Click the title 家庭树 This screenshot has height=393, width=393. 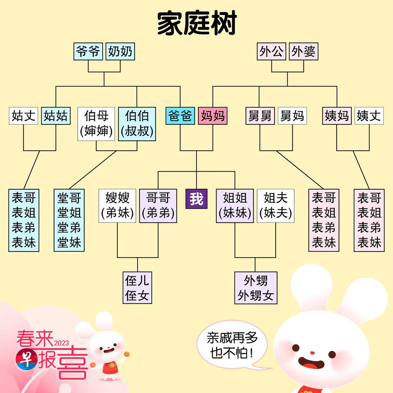pos(196,24)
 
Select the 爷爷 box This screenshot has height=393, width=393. pos(88,51)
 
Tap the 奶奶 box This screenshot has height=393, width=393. pos(120,51)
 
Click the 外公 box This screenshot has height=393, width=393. pos(271,51)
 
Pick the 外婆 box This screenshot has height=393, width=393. pos(304,51)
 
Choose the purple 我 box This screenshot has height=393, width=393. pos(196,199)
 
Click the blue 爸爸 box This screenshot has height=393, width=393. pos(180,116)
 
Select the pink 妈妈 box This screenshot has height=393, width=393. pos(213,116)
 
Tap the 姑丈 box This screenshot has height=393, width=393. pos(24,116)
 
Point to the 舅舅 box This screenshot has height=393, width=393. pos(260,116)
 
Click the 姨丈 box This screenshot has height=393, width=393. pos(369,116)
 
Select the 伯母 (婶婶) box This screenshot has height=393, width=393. pos(96,124)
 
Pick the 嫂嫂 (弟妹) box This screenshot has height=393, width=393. pos(117,206)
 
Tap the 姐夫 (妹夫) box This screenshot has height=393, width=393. pos(275,206)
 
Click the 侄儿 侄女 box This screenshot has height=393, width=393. pos(137,288)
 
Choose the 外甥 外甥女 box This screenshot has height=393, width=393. pos(256,288)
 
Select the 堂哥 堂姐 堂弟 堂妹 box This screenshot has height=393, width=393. pos(69,220)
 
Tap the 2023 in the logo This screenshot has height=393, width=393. pos(62,343)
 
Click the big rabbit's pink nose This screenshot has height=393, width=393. pos(312,353)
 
